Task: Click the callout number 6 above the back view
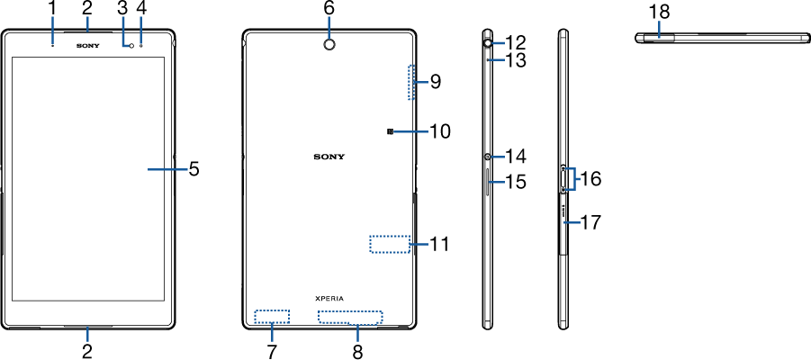(329, 8)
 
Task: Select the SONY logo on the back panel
(329, 156)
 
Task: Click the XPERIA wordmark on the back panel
(329, 297)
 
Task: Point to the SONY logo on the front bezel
(87, 43)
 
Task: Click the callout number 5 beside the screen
(194, 168)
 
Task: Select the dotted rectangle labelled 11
(390, 244)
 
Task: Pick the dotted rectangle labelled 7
(272, 316)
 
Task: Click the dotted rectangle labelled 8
(350, 317)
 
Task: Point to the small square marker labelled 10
(390, 131)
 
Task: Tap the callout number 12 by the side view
(515, 41)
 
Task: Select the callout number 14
(515, 156)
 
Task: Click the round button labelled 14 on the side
(488, 156)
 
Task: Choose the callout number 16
(590, 178)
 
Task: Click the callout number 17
(590, 220)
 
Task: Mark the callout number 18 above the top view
(659, 11)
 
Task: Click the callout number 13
(515, 60)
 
